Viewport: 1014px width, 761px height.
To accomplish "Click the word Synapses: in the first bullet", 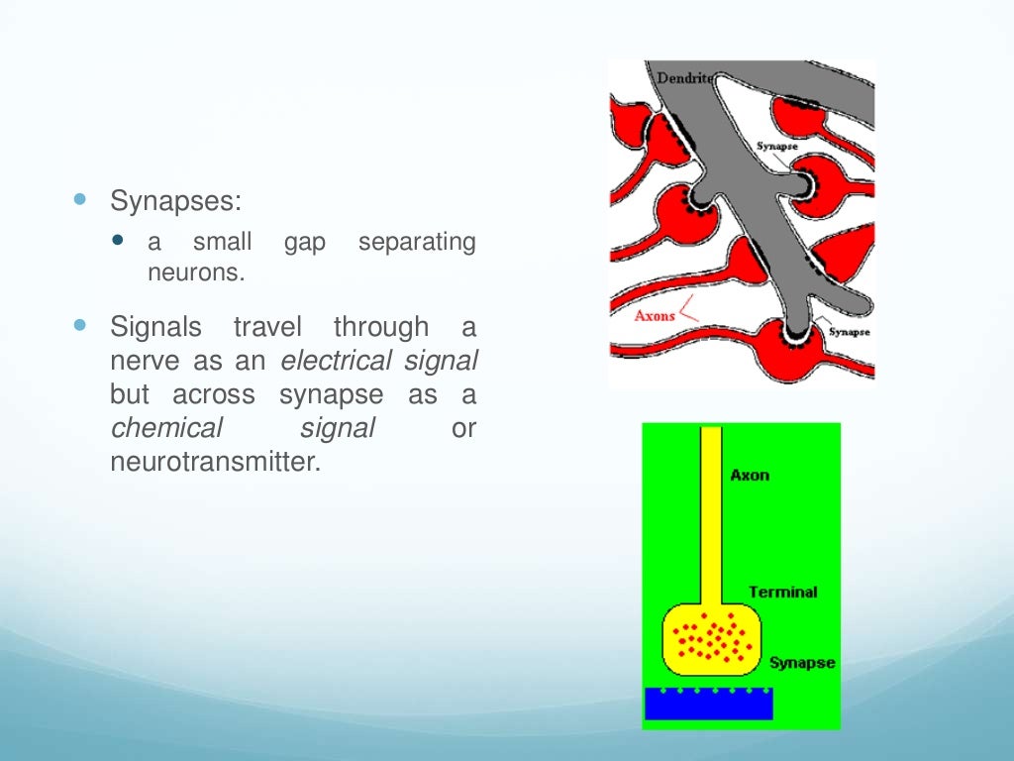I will (x=175, y=201).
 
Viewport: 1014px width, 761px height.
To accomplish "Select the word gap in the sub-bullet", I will (x=305, y=243).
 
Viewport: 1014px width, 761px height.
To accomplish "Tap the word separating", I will (x=417, y=243).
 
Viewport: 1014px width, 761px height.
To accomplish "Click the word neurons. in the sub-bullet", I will (x=195, y=272).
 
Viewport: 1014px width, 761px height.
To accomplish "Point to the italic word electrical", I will (x=338, y=361).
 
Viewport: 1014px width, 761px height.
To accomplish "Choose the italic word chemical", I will (x=167, y=428).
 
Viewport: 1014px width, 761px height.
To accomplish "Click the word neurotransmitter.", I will (x=217, y=462).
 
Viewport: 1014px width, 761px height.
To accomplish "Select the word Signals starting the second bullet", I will (x=156, y=327).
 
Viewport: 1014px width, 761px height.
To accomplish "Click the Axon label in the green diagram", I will (x=750, y=476).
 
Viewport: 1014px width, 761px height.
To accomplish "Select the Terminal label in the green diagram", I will (x=782, y=593).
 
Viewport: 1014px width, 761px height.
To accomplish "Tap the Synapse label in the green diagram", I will (x=801, y=663).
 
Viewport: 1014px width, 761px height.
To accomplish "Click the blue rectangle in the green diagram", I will (x=708, y=704).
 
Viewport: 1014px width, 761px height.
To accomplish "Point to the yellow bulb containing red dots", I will (x=712, y=636).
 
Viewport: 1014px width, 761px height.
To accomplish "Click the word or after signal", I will (x=463, y=428).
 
